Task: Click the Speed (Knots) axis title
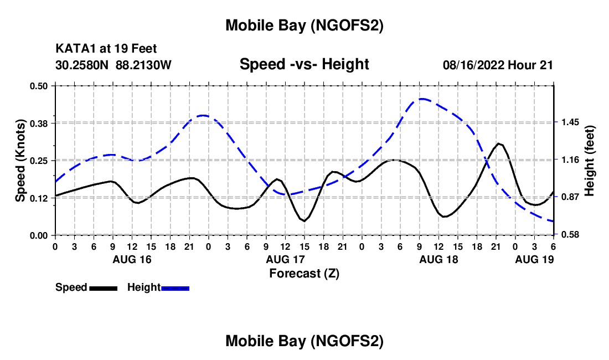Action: (20, 161)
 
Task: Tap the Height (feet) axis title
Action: (589, 160)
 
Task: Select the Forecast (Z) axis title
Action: (304, 273)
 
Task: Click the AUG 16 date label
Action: (132, 259)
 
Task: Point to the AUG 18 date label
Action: (438, 259)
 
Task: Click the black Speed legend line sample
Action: (103, 287)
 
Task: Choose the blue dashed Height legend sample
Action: (175, 287)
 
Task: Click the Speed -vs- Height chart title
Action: (304, 64)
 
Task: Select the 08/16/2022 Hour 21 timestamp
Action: (498, 65)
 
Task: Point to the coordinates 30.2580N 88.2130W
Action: (113, 65)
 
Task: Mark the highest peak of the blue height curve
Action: (422, 99)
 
